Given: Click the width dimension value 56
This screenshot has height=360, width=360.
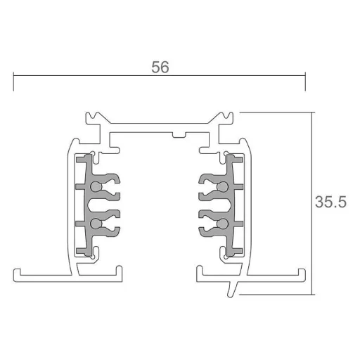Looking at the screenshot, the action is pos(160,67).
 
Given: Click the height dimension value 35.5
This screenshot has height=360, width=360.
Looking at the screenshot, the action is pos(330,202).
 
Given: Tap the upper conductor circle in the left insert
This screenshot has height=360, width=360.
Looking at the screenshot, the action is pos(96,187).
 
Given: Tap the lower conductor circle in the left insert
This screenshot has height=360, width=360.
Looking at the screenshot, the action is pos(96,224).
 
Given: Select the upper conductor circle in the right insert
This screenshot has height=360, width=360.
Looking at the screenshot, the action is pos(222,187).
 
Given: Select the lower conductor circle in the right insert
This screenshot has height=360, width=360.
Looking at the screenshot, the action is pos(222,224).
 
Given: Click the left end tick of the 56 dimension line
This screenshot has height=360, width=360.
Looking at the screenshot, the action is pos(13,82).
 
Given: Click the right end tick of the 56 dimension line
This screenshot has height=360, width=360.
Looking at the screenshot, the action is pos(305,82).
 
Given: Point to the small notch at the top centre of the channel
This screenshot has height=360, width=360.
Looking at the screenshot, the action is pos(179,135).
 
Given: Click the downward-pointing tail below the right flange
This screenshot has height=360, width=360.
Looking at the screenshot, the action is pos(232,290).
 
